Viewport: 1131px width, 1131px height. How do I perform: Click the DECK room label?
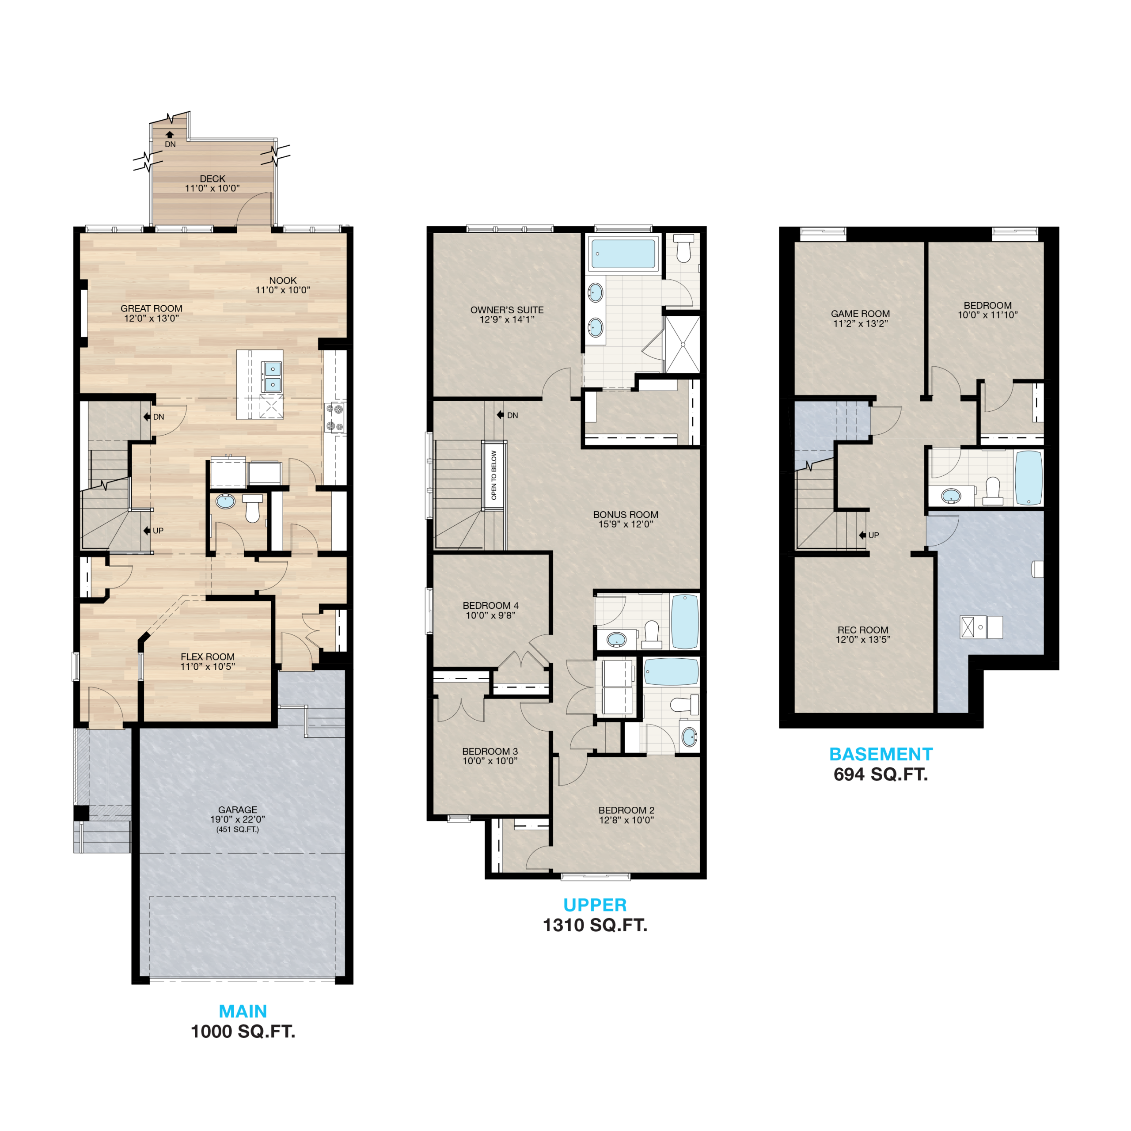tap(213, 178)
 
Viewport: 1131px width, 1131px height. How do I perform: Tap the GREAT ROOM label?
tap(152, 308)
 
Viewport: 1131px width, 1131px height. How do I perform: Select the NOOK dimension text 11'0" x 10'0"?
tap(283, 290)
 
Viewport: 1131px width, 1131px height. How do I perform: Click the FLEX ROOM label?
tap(208, 657)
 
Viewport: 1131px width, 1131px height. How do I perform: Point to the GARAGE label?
tap(238, 810)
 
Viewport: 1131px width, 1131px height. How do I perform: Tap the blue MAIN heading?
tap(243, 1011)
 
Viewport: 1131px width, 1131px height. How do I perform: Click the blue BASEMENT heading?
tap(881, 754)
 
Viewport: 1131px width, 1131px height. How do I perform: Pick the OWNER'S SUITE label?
tap(507, 310)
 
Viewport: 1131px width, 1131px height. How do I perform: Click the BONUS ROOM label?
tap(626, 515)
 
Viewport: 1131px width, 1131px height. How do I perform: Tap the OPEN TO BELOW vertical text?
tap(494, 475)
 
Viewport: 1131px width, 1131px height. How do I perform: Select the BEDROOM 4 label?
tap(490, 605)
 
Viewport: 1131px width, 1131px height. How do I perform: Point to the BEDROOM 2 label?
tap(626, 810)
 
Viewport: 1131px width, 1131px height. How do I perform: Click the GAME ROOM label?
tap(861, 314)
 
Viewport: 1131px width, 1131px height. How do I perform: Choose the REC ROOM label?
tap(863, 630)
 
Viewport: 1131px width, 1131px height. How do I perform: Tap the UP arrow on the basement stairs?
tap(863, 535)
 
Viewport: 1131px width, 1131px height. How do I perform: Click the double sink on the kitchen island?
tap(272, 377)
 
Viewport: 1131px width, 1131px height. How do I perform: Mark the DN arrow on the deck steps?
tap(170, 135)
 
